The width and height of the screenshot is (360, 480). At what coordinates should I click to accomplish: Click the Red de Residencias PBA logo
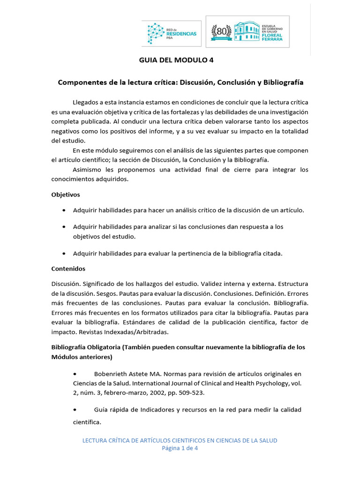(x=172, y=33)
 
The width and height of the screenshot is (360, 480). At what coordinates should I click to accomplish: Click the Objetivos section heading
(x=65, y=194)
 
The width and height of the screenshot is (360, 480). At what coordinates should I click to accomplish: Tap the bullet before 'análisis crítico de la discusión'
(x=63, y=210)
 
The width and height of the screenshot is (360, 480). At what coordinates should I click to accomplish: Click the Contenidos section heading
(x=68, y=269)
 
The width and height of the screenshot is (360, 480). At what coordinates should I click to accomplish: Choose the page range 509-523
(x=191, y=393)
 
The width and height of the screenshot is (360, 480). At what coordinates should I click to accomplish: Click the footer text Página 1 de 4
(x=180, y=448)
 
